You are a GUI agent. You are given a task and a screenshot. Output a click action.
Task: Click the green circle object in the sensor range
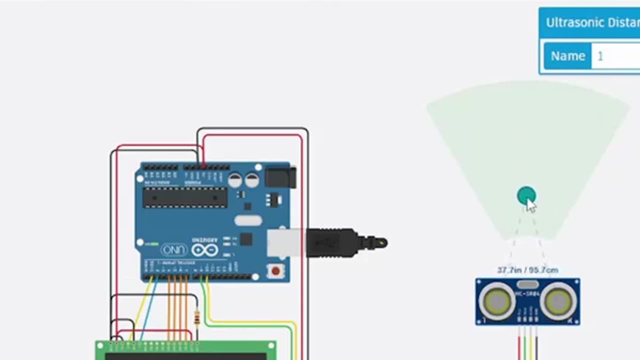click(x=525, y=195)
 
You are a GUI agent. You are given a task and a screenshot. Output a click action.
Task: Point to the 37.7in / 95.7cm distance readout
click(x=527, y=270)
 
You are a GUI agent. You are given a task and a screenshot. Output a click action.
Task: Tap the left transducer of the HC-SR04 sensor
click(x=497, y=301)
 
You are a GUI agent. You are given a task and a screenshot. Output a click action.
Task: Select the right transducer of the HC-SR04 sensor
click(x=558, y=301)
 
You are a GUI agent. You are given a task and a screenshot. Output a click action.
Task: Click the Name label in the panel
click(x=567, y=56)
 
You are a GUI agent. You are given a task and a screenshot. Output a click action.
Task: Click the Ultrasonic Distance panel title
click(x=592, y=22)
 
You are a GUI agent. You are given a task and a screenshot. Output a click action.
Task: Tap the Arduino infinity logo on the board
click(x=205, y=249)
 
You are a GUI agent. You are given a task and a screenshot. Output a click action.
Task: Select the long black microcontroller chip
click(x=185, y=197)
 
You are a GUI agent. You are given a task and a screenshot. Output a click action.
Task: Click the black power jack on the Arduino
click(x=280, y=177)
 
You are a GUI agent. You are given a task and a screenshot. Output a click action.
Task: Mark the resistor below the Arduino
click(x=197, y=317)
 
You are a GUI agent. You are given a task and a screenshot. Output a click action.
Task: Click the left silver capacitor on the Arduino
click(x=235, y=180)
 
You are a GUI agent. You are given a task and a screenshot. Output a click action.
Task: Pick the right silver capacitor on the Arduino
click(x=252, y=180)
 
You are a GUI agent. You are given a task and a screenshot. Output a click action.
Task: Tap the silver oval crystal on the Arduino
click(x=248, y=220)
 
